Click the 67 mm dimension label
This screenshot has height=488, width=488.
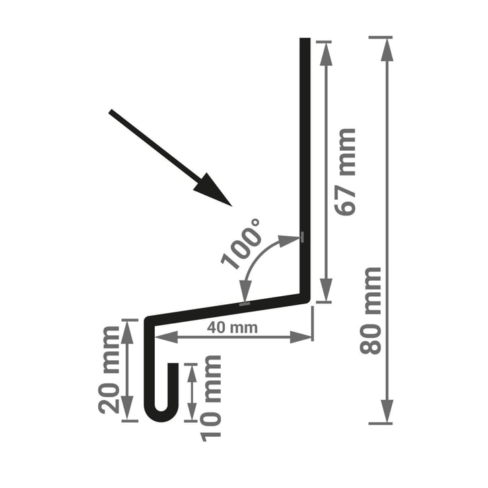point(345,172)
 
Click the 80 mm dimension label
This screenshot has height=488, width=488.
point(370,310)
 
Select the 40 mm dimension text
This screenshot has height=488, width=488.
point(232,327)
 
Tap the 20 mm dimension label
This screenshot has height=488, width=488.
point(108,370)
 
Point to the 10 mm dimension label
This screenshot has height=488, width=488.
point(211,398)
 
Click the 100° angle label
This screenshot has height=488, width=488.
point(241,244)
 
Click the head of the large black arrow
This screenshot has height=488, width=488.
point(213,190)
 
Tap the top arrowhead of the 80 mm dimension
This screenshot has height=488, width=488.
point(387,50)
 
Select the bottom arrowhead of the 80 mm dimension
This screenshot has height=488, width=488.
point(387,411)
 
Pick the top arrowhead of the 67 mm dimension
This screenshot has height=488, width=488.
point(326,55)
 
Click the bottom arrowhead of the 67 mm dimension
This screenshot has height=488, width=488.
point(326,289)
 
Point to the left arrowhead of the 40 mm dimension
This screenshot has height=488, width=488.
point(166,337)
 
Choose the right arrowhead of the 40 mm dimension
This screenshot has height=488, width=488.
point(301,337)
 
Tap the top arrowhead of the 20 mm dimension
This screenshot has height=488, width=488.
point(127,333)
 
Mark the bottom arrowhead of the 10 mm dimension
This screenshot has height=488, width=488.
point(192,411)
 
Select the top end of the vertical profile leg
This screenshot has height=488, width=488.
point(305,38)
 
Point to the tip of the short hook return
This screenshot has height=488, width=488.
point(174,363)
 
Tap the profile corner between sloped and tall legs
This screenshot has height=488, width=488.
point(306,298)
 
